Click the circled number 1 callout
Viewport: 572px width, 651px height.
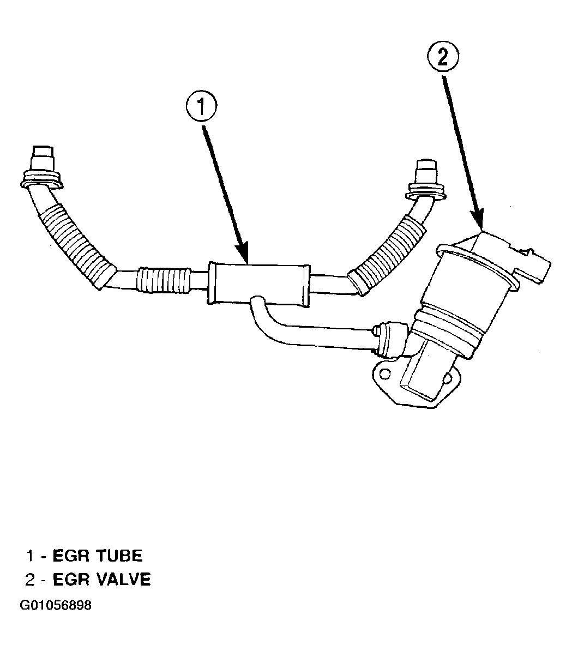tap(201, 106)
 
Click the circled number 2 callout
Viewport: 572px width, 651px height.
tap(443, 58)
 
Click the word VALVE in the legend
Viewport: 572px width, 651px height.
tap(123, 579)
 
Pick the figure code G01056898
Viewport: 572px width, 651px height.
tap(56, 605)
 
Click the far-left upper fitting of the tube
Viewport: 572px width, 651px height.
tap(42, 167)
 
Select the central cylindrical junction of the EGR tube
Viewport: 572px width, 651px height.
tap(258, 285)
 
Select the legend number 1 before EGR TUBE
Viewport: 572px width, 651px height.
tap(29, 556)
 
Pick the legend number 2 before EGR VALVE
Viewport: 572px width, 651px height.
tap(30, 579)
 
